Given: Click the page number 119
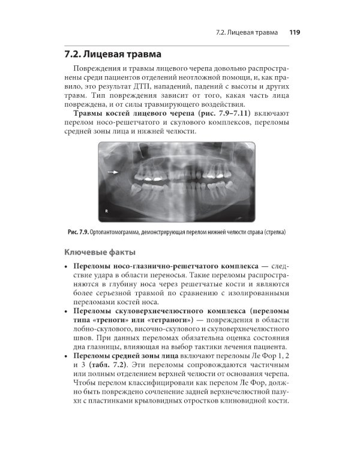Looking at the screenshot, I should point(295,32).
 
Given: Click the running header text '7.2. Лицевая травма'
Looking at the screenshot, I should point(246,32).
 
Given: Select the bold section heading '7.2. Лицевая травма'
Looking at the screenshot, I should point(116,55).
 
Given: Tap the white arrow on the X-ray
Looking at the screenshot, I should point(112,172).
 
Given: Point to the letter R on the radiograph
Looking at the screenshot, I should point(106,211).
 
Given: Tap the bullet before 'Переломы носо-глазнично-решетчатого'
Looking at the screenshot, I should point(66,266).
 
